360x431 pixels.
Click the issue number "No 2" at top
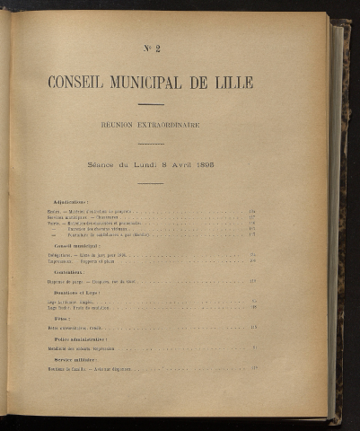151,48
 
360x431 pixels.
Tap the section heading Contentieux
68,271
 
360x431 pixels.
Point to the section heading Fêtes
62,320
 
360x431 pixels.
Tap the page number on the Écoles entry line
253,212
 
